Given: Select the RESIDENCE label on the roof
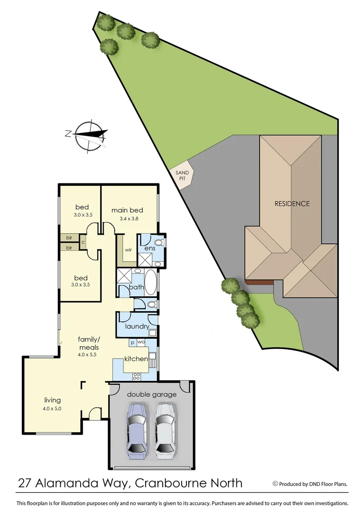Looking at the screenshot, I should (x=292, y=203).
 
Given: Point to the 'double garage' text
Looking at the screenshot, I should (x=151, y=394).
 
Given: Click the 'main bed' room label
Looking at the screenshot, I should (x=127, y=210).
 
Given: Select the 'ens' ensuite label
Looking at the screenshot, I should (x=150, y=248).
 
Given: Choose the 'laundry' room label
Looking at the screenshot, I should (x=137, y=327).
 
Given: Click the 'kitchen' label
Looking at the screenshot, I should (x=136, y=359).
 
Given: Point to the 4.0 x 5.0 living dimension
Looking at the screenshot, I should (x=52, y=408).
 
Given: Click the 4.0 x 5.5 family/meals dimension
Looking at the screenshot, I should (x=89, y=354).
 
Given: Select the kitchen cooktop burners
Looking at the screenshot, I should (x=137, y=376).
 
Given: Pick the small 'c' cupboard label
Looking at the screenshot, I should (x=83, y=242).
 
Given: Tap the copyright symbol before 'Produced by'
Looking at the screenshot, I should (x=275, y=484).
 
